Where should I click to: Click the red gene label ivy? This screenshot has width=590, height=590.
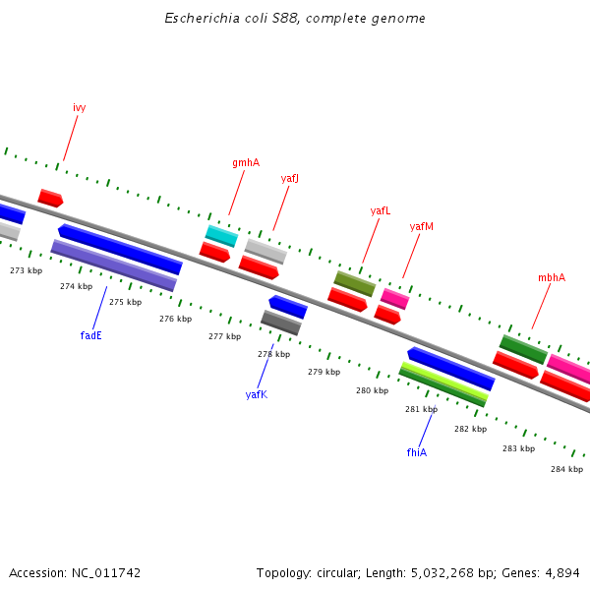click(79, 107)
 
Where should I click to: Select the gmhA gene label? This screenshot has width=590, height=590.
click(246, 162)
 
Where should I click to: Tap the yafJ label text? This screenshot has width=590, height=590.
click(289, 178)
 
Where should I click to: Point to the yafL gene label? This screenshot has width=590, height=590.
click(380, 210)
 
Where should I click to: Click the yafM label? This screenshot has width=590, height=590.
click(421, 226)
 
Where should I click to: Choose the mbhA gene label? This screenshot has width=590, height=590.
click(551, 277)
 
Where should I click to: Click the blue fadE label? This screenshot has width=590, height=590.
click(90, 335)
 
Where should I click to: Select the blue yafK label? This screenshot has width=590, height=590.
click(256, 394)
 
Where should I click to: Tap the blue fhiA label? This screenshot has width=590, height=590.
click(416, 452)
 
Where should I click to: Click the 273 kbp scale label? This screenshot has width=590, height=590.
click(27, 270)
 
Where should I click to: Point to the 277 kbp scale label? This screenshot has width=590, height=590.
click(224, 336)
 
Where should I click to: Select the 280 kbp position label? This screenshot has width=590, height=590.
click(372, 390)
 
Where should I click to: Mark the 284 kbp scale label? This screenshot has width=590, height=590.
click(566, 469)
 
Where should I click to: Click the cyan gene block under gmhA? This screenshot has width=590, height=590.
click(221, 236)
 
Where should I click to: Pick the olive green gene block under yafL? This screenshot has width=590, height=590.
click(355, 283)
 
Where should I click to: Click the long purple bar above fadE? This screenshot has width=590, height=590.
click(113, 265)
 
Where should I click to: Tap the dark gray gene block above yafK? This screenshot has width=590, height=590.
click(281, 323)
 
